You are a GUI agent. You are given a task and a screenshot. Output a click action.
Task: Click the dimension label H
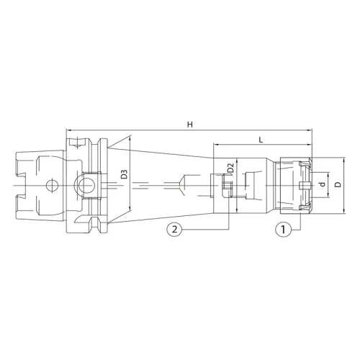(190, 125)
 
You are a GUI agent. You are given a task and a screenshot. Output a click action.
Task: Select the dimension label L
(261, 140)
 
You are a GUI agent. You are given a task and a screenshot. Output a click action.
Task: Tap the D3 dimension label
(124, 174)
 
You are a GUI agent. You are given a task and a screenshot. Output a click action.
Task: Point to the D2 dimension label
(230, 168)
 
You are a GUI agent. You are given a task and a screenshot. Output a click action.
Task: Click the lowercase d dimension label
(323, 184)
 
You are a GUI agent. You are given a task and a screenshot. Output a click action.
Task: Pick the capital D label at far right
(338, 184)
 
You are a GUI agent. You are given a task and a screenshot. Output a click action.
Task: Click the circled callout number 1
(283, 230)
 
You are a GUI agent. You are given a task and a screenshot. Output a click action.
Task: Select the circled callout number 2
(174, 230)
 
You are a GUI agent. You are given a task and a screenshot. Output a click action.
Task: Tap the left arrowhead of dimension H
(68, 130)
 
